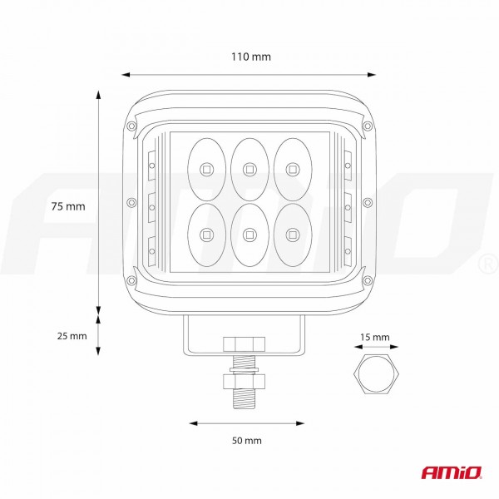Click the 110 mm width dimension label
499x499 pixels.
click(251, 57)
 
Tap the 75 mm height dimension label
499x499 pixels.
click(68, 206)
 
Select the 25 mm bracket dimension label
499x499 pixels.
click(72, 336)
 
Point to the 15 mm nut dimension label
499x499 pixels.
click(375, 337)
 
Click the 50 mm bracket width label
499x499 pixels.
click(247, 441)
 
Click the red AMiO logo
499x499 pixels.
click(452, 472)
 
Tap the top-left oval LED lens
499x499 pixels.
click(207, 170)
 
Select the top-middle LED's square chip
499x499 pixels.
click(249, 170)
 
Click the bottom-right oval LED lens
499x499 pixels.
click(293, 235)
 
